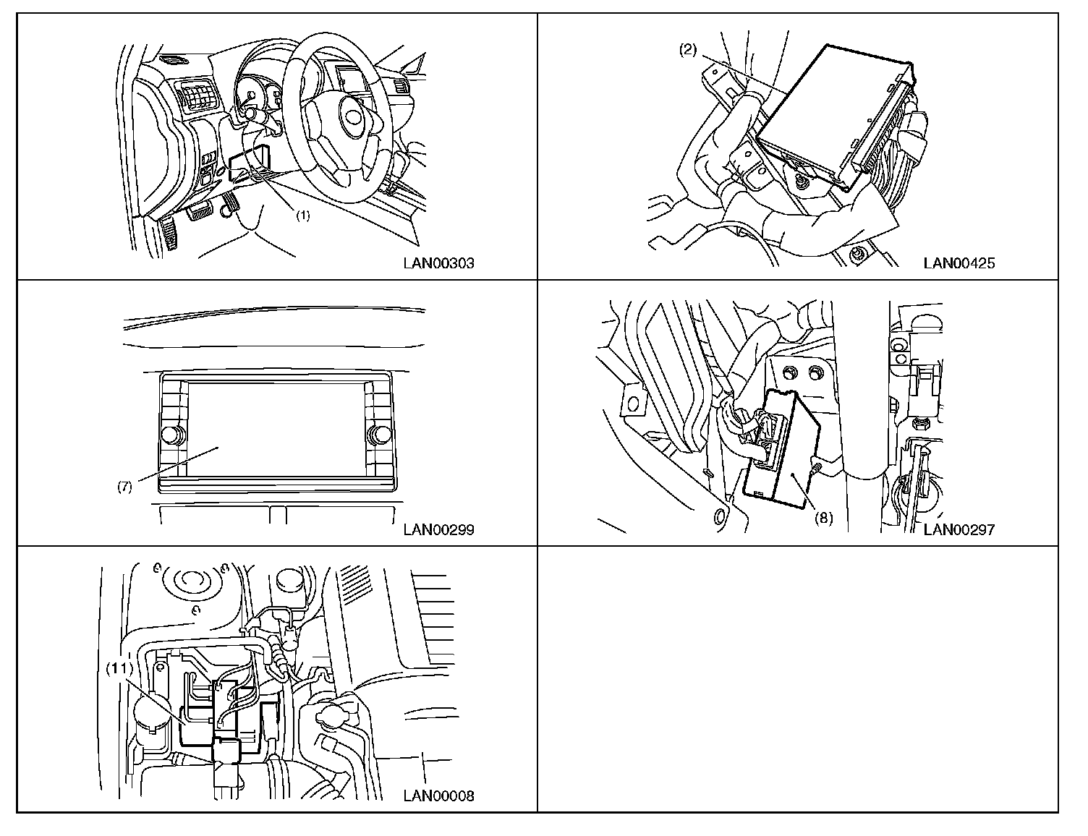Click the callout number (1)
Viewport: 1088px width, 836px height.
tap(302, 216)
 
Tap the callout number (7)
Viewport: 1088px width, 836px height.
tap(124, 487)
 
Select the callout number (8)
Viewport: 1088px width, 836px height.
tap(823, 518)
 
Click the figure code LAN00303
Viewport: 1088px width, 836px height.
tap(438, 263)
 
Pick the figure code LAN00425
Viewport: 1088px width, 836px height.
tap(959, 263)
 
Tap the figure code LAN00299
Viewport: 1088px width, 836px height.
tap(438, 530)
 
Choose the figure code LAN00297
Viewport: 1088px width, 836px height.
tap(959, 530)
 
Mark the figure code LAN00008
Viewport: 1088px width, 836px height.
tap(438, 797)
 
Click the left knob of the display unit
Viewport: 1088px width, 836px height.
tap(172, 435)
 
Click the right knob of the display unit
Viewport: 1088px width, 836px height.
tap(378, 435)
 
